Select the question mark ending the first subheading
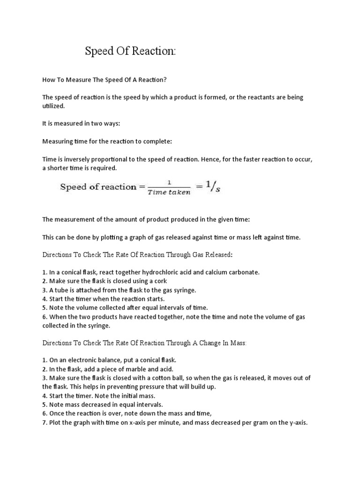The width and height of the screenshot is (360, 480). tap(165, 80)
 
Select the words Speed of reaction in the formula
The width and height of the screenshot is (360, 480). tap(97, 187)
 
